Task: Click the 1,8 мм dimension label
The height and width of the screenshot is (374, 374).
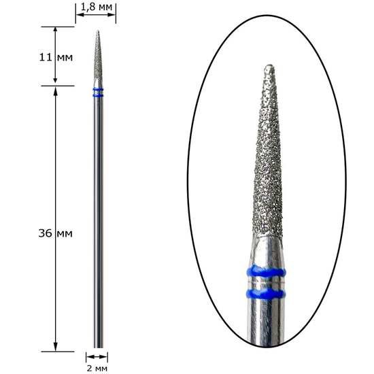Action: click(97, 7)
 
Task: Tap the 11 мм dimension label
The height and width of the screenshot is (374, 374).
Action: click(56, 57)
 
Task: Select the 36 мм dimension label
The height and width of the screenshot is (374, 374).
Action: click(56, 233)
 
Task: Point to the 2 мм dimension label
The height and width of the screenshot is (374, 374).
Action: click(97, 369)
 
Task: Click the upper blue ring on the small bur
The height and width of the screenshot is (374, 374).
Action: click(98, 90)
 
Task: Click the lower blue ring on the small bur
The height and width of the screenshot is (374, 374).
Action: click(98, 96)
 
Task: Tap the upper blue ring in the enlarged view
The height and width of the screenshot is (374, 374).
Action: click(266, 271)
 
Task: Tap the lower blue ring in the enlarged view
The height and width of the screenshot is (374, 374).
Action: click(265, 294)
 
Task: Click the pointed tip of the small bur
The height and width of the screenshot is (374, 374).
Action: click(97, 31)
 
